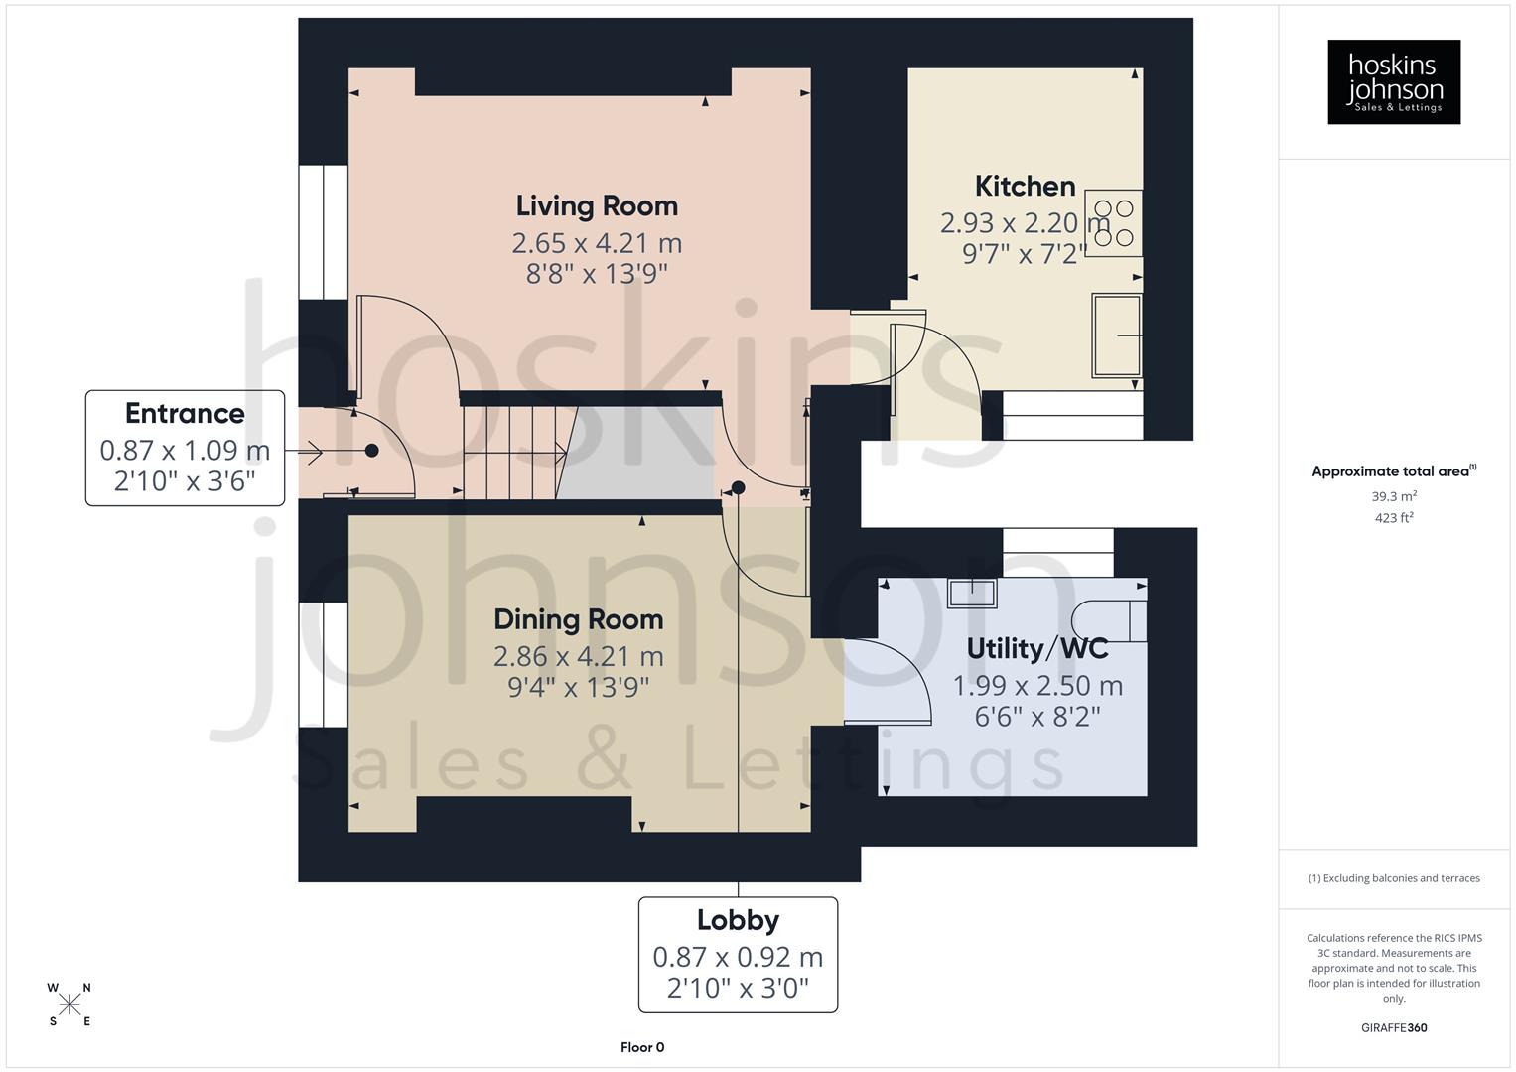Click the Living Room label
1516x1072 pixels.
pos(597,205)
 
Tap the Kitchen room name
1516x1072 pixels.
pos(1025,186)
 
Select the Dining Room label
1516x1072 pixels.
pos(578,619)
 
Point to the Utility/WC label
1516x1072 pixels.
pos(1037,648)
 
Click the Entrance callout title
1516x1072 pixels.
pos(185,413)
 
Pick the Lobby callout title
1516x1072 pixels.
pos(738,920)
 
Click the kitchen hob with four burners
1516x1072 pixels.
pos(1113,223)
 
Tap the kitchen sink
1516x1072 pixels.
pos(1116,335)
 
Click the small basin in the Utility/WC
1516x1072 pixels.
pos(972,593)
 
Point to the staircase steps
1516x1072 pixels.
pos(511,452)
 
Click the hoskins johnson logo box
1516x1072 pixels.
pos(1394,82)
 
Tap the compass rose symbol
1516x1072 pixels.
pos(69,1005)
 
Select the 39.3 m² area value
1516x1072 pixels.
pos(1394,496)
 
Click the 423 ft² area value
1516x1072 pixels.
pos(1394,518)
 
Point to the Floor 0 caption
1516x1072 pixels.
pos(642,1047)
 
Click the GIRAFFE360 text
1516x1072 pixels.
pos(1394,1028)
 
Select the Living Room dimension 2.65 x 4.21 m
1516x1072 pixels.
pos(597,243)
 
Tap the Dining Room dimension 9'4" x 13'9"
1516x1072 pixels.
pos(578,687)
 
